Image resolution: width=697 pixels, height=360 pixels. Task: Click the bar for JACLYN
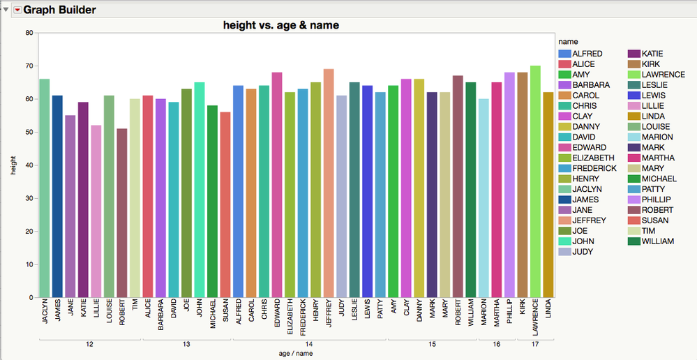[x=45, y=188]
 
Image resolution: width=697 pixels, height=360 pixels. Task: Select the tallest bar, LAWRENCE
[x=535, y=181]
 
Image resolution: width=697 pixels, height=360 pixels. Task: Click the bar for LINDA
[x=548, y=195]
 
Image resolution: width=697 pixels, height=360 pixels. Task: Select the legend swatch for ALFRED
[x=564, y=54]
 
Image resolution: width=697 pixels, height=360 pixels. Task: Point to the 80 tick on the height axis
[x=29, y=33]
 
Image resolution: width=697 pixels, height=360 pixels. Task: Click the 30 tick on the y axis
[x=29, y=198]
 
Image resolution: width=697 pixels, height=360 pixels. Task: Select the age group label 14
[x=309, y=344]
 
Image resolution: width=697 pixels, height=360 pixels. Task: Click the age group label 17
[x=534, y=344]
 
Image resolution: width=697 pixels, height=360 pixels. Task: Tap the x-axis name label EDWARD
[x=277, y=317]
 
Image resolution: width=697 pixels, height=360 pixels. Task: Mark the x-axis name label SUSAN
[x=225, y=313]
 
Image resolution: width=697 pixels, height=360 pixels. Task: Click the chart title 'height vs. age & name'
[x=280, y=25]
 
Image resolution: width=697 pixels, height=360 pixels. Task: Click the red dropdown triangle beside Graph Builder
[x=17, y=10]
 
